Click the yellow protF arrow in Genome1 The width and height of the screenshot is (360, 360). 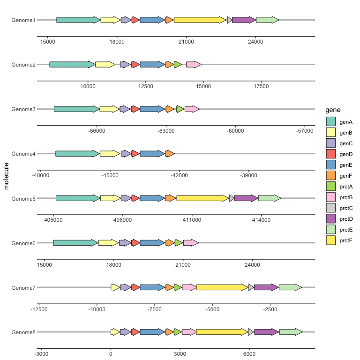click(200, 20)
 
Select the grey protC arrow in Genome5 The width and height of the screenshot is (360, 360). click(232, 198)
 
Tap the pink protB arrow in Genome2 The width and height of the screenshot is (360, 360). click(194, 65)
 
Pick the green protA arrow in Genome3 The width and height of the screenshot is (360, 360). click(180, 109)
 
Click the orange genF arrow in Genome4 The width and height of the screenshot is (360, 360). click(170, 154)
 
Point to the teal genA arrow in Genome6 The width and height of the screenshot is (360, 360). click(76, 243)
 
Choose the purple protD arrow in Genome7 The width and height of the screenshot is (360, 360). click(266, 287)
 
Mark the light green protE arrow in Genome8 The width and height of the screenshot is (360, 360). click(291, 332)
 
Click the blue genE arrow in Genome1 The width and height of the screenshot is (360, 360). click(152, 20)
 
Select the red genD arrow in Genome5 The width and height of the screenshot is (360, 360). click(135, 198)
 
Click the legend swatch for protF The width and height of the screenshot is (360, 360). click(330, 240)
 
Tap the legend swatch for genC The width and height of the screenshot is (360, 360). click(330, 143)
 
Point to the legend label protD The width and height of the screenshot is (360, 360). click(346, 219)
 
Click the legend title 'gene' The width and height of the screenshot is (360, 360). click(333, 110)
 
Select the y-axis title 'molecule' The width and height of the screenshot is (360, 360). click(6, 176)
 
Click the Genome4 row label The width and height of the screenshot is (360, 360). click(23, 154)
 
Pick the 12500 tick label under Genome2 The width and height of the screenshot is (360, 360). click(146, 86)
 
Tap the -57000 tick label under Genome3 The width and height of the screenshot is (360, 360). click(304, 131)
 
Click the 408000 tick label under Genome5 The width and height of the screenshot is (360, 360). click(122, 220)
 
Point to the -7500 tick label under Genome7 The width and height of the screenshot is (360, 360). click(154, 309)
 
